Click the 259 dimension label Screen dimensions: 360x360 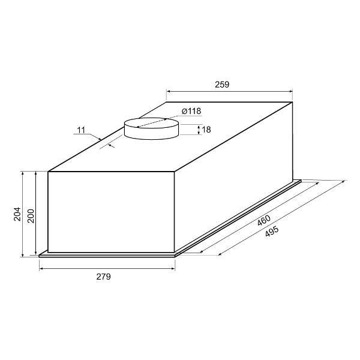pos(222,85)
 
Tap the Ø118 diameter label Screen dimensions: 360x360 pos(191,111)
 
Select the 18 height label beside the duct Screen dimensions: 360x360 pos(206,130)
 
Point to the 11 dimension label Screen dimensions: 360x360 pos(81,130)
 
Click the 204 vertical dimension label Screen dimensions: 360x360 pos(17,214)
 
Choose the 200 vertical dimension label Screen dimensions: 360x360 pos(31,216)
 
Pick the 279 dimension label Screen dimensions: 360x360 pos(103,277)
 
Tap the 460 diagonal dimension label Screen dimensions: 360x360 pos(264,220)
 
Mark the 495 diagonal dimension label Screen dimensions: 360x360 pos(272,232)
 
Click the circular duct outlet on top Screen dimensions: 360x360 pos(151,128)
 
